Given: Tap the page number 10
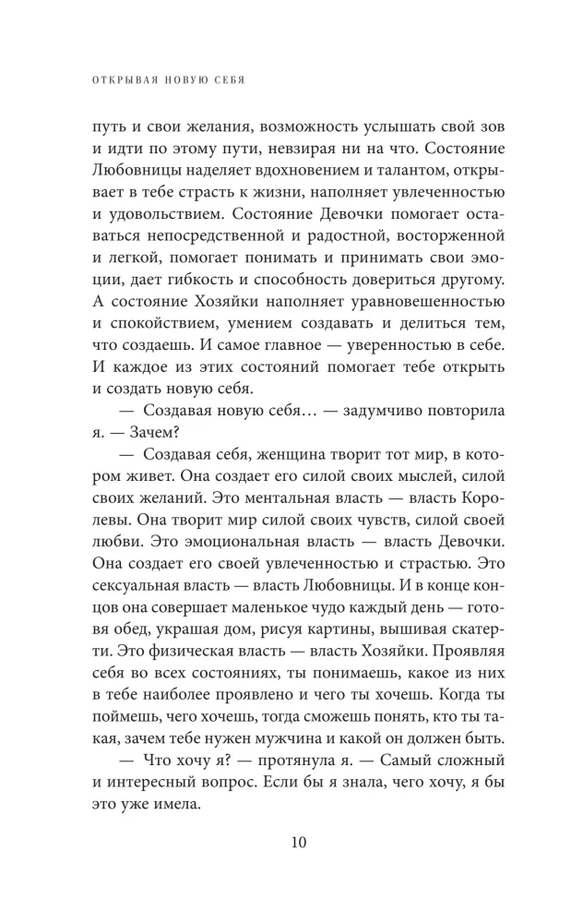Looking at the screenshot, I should [x=285, y=842].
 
